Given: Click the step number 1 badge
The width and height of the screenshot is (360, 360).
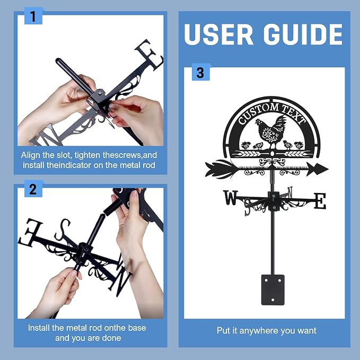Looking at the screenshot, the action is pyautogui.click(x=33, y=16).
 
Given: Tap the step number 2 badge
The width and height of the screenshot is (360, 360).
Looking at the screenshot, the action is pyautogui.click(x=33, y=189).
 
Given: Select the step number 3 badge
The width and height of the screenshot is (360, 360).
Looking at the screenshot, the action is pyautogui.click(x=200, y=73).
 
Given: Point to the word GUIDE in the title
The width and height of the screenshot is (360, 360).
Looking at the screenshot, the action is pyautogui.click(x=303, y=34).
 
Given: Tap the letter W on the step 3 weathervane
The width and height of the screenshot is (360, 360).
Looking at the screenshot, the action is pyautogui.click(x=231, y=197).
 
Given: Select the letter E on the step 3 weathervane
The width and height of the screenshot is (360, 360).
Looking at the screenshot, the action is pyautogui.click(x=320, y=201).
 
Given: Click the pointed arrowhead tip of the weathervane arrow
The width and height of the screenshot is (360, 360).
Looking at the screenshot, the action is pyautogui.click(x=328, y=169).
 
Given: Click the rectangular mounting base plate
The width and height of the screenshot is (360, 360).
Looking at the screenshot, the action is pyautogui.click(x=273, y=289).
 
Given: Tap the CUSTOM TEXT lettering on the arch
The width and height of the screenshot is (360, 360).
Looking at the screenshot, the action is pyautogui.click(x=272, y=113).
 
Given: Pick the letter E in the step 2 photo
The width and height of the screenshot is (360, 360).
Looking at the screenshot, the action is pyautogui.click(x=30, y=232).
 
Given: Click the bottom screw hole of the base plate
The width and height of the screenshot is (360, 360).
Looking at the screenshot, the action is pyautogui.click(x=273, y=300).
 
